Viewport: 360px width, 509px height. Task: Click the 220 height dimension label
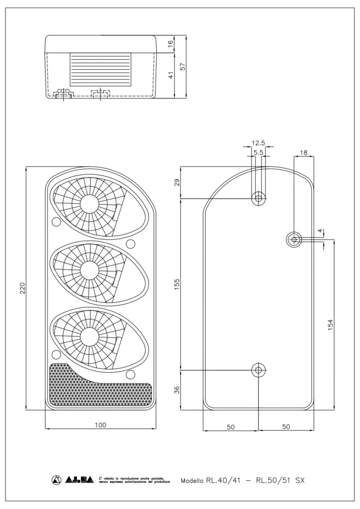(22, 288)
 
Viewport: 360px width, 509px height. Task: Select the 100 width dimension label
(100, 424)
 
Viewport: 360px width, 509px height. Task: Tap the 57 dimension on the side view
(182, 66)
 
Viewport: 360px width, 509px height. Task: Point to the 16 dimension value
(170, 44)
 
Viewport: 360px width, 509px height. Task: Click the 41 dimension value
(170, 76)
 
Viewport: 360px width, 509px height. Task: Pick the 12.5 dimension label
(258, 143)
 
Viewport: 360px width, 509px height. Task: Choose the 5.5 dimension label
(258, 153)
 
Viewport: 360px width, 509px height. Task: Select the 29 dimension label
(178, 182)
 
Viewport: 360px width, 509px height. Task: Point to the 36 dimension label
(178, 390)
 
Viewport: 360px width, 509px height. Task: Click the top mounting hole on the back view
(258, 198)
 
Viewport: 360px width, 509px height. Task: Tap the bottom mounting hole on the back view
(258, 370)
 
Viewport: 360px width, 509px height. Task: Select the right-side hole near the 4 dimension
(294, 240)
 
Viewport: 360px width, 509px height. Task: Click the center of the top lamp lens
(90, 204)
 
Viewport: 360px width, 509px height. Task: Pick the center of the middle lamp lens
(90, 269)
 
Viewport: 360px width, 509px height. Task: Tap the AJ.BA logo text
(80, 480)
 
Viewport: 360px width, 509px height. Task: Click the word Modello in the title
(192, 481)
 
